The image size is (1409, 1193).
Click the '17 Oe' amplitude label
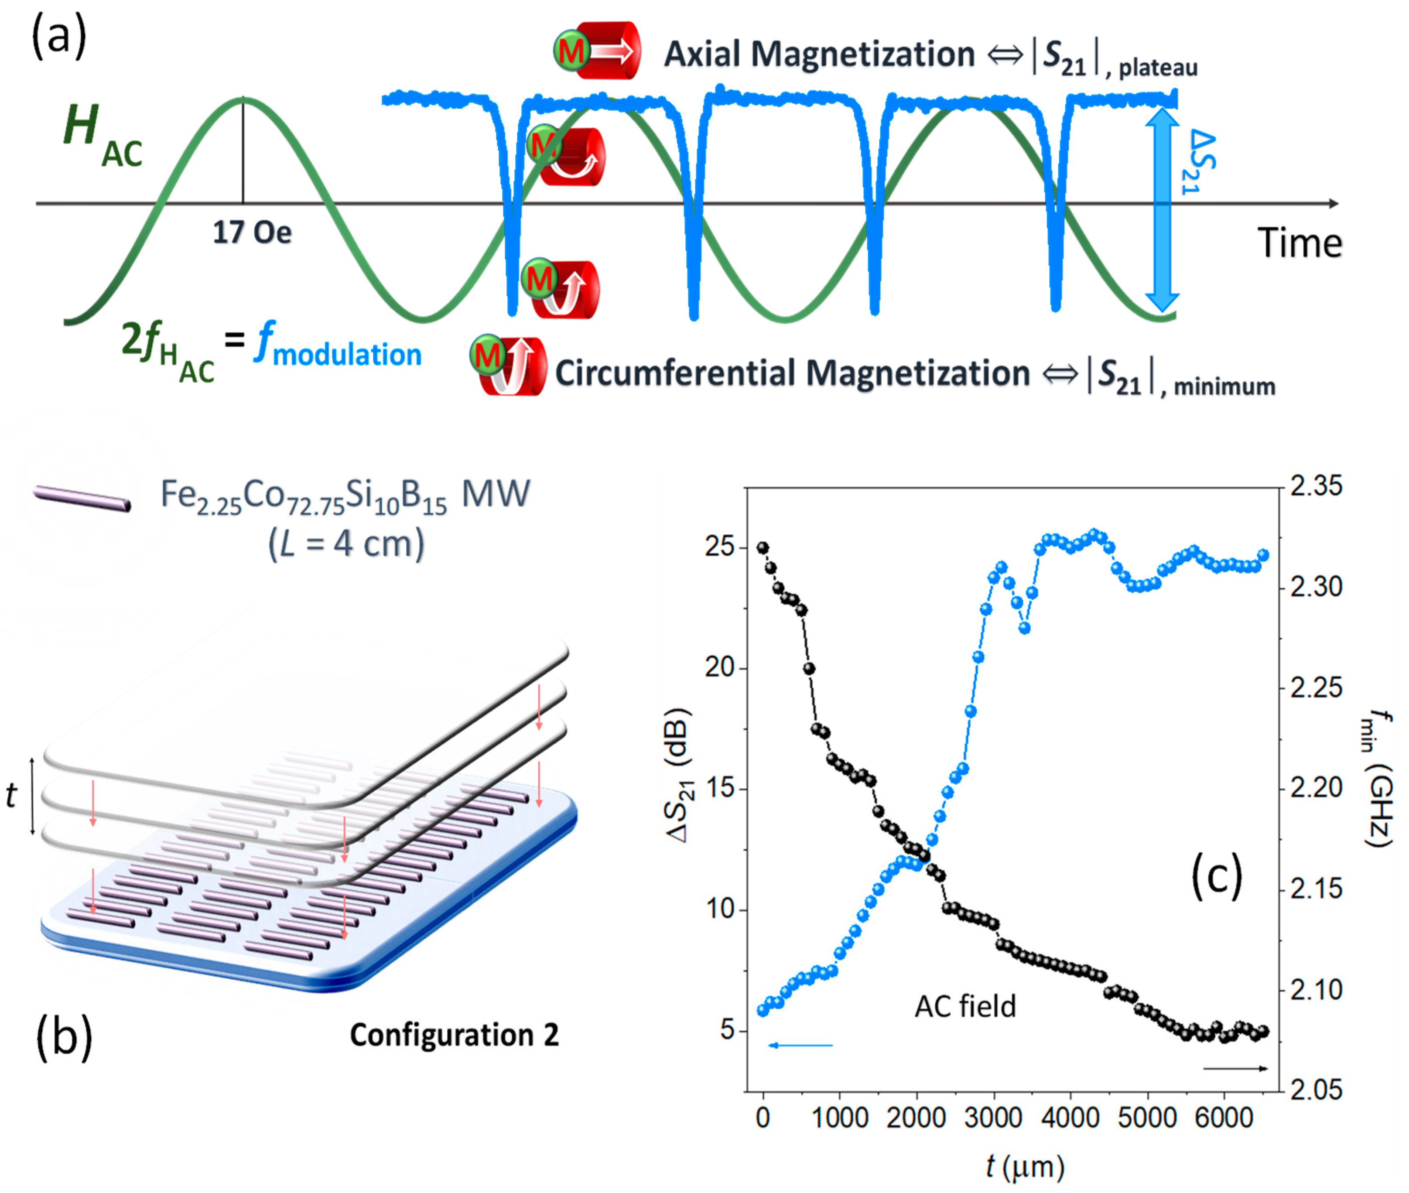(252, 232)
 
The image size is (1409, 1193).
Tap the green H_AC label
(102, 135)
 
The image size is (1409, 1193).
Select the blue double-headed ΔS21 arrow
(1161, 210)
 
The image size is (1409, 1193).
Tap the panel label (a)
(59, 37)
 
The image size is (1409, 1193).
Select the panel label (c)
(1216, 876)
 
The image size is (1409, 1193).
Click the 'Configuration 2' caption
(454, 1035)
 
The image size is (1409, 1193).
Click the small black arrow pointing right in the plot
(1235, 1069)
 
